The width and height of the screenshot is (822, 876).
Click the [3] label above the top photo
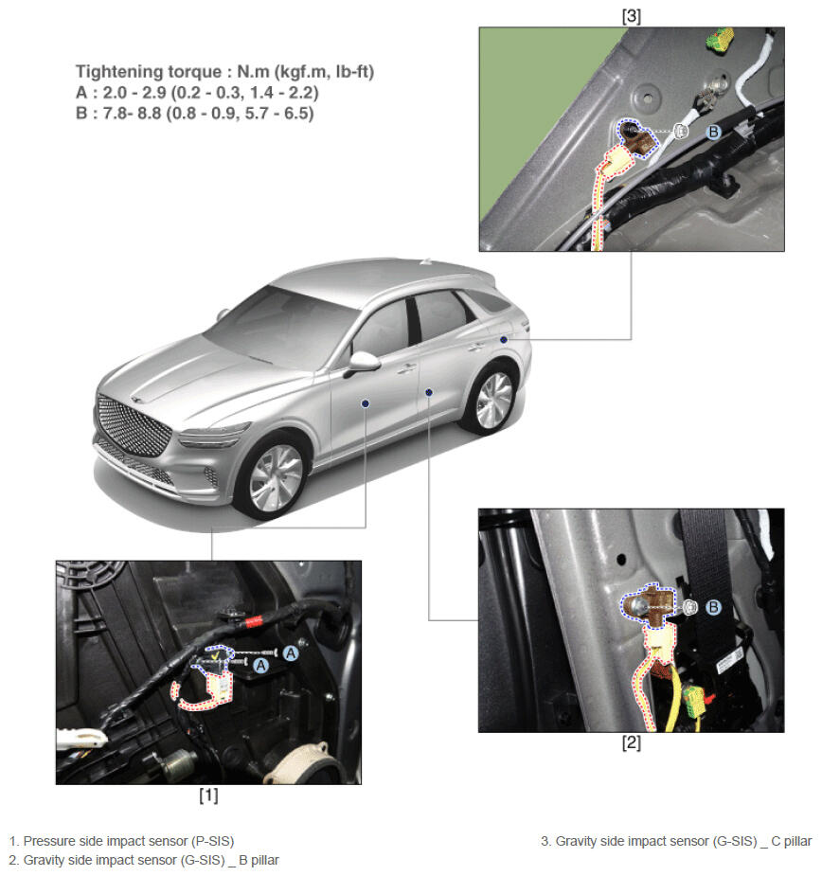click(632, 16)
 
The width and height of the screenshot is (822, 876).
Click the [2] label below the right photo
click(632, 742)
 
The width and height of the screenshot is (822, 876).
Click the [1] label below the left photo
click(208, 795)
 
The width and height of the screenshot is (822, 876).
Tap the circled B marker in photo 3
click(714, 133)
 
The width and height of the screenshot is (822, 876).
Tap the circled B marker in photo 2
click(714, 607)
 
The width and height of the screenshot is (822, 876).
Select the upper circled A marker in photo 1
click(291, 653)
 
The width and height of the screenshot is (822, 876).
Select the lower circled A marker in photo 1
click(261, 666)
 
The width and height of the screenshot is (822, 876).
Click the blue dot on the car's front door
click(365, 403)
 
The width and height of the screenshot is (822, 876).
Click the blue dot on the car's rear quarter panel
click(504, 340)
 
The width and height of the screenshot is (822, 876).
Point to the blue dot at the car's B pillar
click(429, 392)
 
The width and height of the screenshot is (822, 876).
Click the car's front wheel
click(275, 477)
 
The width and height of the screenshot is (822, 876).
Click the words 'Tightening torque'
click(149, 72)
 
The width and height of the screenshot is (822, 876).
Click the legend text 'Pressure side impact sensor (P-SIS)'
click(129, 841)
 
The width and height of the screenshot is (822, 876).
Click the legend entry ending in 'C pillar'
click(676, 841)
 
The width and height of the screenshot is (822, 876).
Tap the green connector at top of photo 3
click(720, 40)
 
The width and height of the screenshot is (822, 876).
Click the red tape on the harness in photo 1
click(254, 620)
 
